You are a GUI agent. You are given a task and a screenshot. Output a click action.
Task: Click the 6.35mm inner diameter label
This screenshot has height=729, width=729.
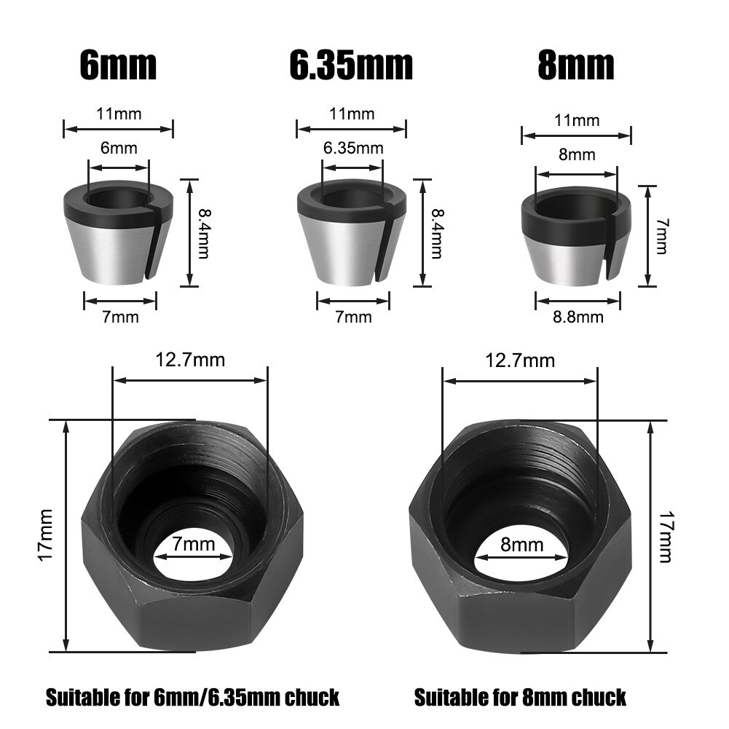(353, 149)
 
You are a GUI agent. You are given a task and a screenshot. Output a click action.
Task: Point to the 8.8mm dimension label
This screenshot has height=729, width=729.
(579, 317)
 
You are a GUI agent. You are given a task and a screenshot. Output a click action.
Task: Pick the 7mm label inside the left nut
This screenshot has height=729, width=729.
(194, 544)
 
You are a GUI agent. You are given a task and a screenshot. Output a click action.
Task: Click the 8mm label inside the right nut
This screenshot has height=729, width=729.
(522, 544)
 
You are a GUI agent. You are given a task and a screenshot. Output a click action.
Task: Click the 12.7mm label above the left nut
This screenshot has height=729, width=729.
(190, 359)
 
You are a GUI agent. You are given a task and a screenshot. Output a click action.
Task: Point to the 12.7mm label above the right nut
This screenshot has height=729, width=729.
(520, 360)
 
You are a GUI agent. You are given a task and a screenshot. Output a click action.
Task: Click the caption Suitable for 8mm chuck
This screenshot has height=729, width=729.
(520, 697)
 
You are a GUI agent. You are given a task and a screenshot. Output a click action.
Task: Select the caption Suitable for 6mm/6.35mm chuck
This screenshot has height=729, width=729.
(193, 697)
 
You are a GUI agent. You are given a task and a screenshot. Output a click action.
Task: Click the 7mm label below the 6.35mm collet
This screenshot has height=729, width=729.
(353, 317)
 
